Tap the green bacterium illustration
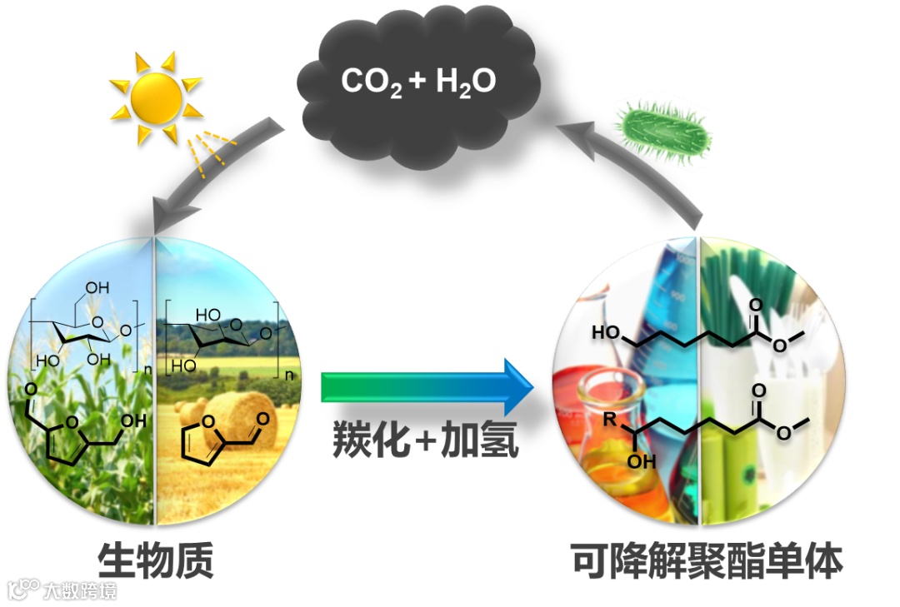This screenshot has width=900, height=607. tap(665, 129)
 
